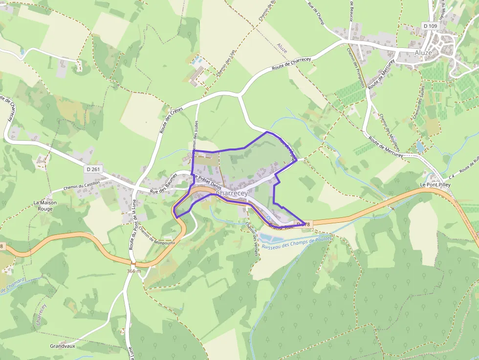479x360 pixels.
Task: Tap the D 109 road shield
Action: (431, 25)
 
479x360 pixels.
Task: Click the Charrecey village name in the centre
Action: (232, 193)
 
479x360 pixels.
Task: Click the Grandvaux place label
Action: (62, 346)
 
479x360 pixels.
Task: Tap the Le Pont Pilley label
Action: (435, 185)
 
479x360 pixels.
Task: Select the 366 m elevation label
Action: (133, 271)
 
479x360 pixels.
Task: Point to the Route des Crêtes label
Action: (168, 120)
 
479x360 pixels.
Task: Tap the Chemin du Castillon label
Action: (82, 186)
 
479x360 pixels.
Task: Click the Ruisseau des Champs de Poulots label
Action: (297, 243)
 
